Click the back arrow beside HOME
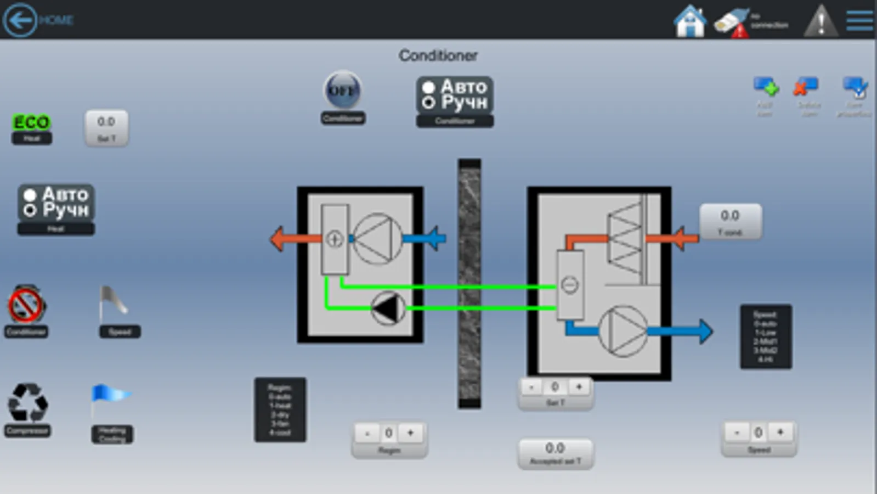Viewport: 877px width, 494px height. pos(20,20)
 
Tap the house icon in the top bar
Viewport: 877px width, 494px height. pos(689,21)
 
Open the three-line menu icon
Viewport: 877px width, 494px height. pos(859,21)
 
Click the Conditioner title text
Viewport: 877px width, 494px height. pos(438,55)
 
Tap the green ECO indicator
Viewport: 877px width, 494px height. pos(31,122)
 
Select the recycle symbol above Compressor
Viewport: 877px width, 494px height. pos(27,403)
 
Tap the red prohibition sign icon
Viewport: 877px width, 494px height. pos(26,305)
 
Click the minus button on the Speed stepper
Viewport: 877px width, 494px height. pos(737,433)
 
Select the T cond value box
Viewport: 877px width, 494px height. pos(730,221)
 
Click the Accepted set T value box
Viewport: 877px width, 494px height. pos(555,453)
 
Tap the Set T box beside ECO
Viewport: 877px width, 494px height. pos(106,128)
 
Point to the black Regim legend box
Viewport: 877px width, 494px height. pos(280,409)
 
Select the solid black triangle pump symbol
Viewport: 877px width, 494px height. pos(387,308)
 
